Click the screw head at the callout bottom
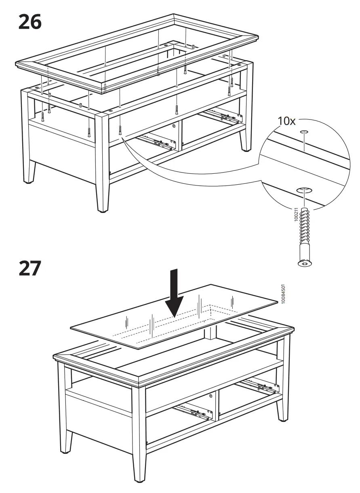click(x=305, y=263)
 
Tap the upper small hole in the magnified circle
click(x=304, y=132)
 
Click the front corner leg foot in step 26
click(x=102, y=208)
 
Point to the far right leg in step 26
click(x=245, y=137)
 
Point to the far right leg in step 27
click(x=283, y=408)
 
